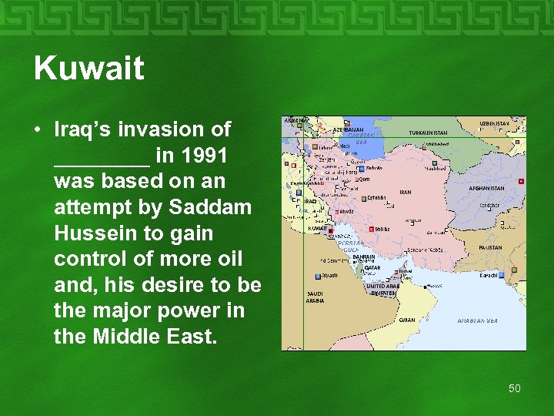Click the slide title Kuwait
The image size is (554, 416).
(x=88, y=69)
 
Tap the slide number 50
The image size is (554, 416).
(x=514, y=388)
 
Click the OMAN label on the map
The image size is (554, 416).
(x=407, y=320)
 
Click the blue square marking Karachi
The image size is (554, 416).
(x=502, y=274)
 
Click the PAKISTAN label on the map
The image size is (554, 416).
(x=490, y=248)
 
